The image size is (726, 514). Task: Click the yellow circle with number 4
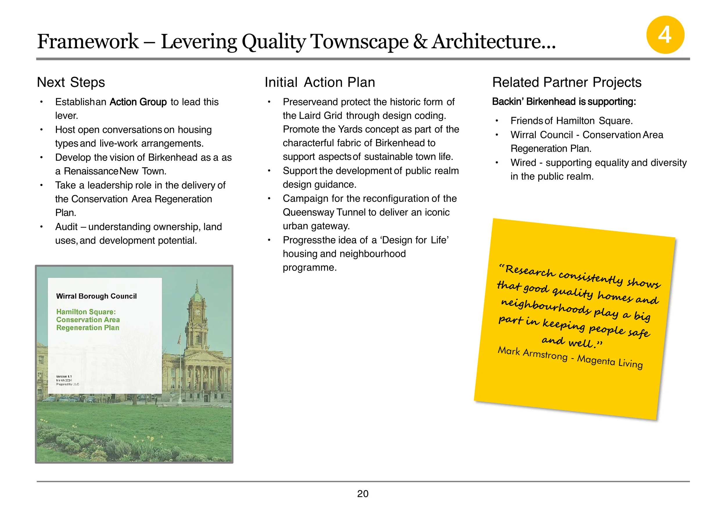click(x=665, y=35)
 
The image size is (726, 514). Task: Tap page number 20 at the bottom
click(x=363, y=494)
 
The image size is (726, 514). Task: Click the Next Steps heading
click(x=71, y=82)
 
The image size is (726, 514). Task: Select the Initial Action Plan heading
click(x=320, y=82)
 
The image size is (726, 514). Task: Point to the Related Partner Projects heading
click(x=567, y=82)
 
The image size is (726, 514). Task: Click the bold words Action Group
click(x=138, y=102)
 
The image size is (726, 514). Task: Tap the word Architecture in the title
click(x=493, y=42)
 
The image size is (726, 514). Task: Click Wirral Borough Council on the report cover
click(x=96, y=296)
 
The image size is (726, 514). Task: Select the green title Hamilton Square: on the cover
click(x=86, y=312)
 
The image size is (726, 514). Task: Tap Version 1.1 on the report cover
click(x=64, y=377)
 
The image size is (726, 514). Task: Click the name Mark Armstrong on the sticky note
click(x=533, y=353)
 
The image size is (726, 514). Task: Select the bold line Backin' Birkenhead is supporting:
click(x=564, y=101)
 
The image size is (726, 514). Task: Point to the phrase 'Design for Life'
click(x=415, y=240)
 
